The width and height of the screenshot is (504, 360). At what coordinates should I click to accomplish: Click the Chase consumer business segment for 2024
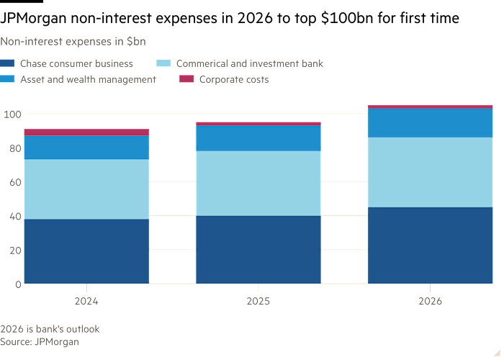(86, 251)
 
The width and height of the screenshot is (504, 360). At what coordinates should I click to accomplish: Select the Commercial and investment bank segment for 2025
(258, 183)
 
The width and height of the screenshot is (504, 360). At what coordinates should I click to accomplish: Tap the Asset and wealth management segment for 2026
(430, 122)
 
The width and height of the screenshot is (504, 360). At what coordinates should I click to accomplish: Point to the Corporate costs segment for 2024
(86, 132)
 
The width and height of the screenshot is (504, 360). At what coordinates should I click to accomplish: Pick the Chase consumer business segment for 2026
(430, 246)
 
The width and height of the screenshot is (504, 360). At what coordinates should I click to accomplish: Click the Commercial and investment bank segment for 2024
(86, 189)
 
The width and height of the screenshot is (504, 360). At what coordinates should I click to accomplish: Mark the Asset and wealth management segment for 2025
(258, 138)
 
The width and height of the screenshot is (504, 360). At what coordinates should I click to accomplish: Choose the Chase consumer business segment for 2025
(258, 250)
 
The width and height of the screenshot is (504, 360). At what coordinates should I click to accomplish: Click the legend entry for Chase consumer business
(76, 64)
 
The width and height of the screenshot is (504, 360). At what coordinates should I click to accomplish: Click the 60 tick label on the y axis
(14, 182)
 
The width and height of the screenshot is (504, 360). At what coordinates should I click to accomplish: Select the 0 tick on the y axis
(17, 284)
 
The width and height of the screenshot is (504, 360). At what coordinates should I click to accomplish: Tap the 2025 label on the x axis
(258, 302)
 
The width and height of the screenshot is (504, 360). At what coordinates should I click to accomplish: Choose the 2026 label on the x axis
(430, 302)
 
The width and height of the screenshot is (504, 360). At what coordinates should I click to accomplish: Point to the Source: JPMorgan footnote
(40, 342)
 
